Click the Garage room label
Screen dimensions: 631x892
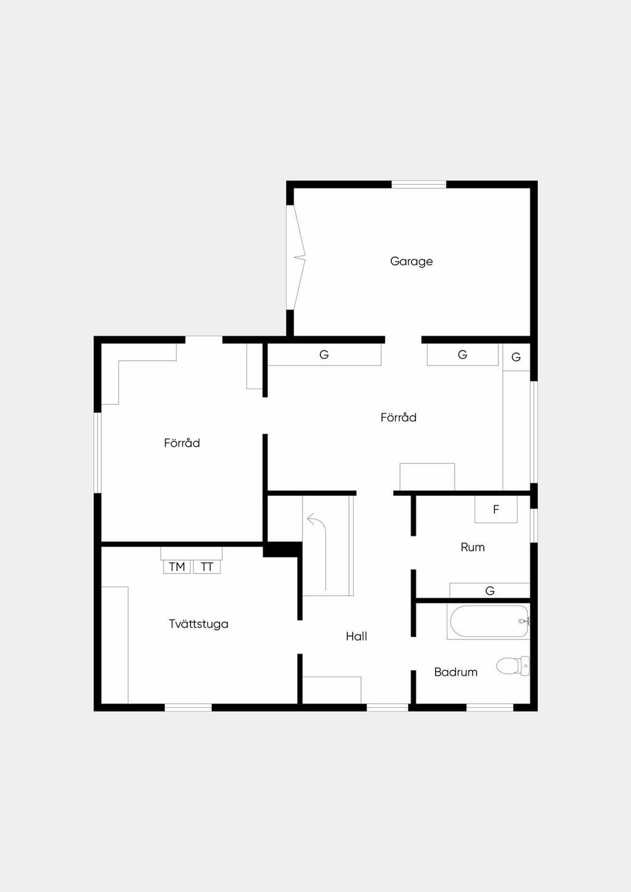pos(411,262)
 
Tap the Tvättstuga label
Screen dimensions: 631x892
pos(198,623)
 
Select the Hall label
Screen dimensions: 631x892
pos(356,636)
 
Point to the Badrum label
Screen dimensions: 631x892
pos(456,672)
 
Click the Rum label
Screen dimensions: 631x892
pos(473,547)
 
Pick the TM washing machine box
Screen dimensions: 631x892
pos(176,567)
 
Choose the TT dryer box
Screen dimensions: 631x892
pos(207,567)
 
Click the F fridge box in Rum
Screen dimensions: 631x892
pos(496,509)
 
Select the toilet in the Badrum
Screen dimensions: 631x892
pos(513,666)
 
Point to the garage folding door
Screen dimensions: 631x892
pos(296,257)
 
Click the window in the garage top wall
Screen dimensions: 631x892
pos(418,184)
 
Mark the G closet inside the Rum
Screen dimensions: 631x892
pos(490,591)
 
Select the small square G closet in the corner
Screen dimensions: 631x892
pos(516,357)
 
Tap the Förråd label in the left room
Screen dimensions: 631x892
pos(182,443)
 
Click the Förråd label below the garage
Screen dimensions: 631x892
pos(398,417)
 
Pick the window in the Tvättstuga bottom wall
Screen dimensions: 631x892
pos(188,708)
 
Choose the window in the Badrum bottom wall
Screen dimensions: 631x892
pos(490,708)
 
